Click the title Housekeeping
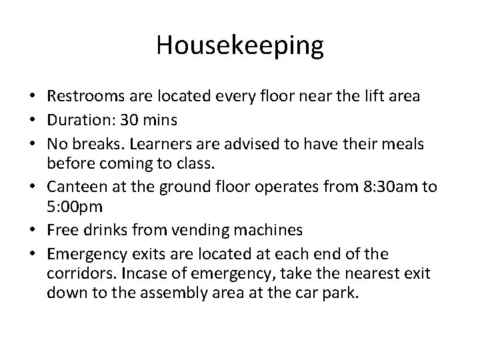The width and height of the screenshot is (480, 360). pos(240,46)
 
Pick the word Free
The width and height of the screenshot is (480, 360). pos(65,230)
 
